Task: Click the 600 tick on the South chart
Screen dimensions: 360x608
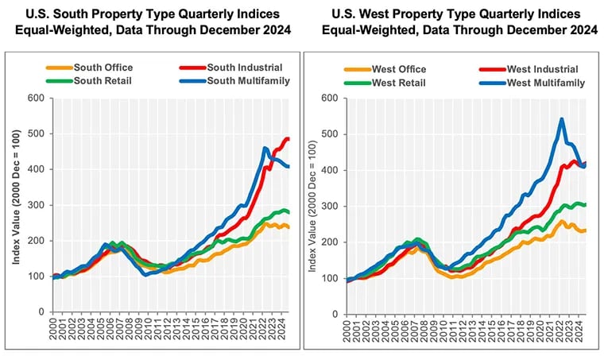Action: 34,99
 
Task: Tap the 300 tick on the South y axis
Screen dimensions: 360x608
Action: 34,205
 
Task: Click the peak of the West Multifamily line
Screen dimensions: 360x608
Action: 562,120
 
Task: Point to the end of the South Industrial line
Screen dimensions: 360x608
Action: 288,139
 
